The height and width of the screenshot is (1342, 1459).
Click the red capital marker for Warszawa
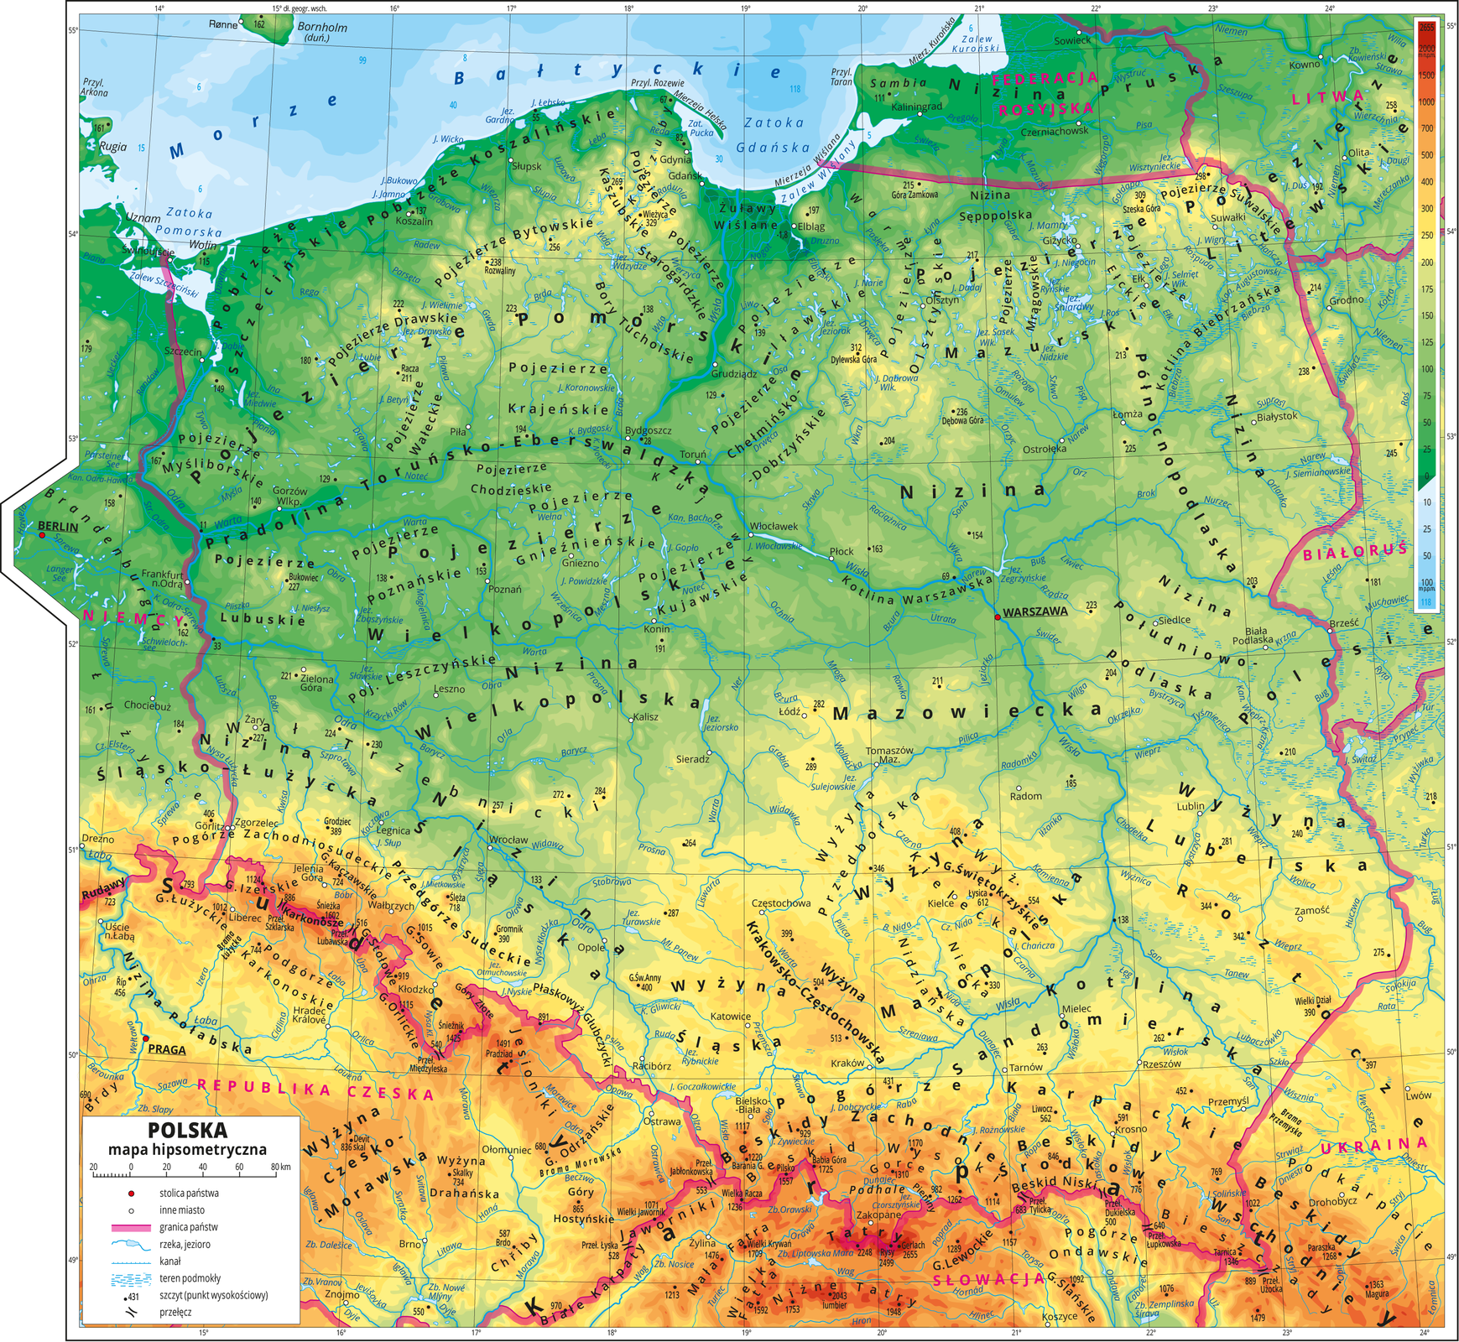click(997, 617)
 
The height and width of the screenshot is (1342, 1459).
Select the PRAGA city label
click(167, 1049)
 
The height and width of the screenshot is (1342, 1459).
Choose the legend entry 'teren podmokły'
click(190, 1278)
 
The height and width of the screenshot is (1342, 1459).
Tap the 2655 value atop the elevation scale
click(1425, 27)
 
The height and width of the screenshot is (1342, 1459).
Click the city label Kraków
click(847, 1063)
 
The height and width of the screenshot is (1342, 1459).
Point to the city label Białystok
click(1278, 416)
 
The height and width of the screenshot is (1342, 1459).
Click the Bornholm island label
click(322, 28)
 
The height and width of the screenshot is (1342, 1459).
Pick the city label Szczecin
click(183, 351)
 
